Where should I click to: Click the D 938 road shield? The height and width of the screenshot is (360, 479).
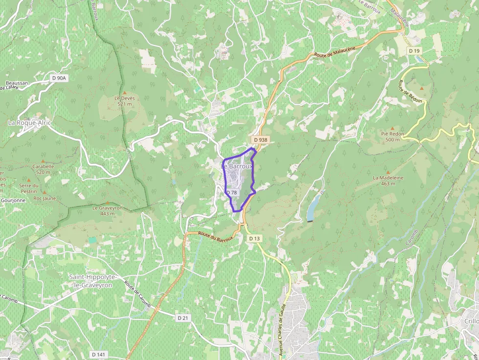point(261,140)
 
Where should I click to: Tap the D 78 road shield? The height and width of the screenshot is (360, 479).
point(232,192)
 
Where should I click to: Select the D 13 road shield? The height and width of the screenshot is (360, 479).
point(254,238)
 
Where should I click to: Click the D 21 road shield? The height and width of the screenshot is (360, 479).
point(183,318)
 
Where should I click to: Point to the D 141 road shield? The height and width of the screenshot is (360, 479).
point(99,354)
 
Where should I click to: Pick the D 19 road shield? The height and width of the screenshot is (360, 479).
point(414,51)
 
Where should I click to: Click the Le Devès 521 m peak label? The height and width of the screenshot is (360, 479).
point(125,101)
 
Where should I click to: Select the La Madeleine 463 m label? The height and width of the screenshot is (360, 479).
point(388,180)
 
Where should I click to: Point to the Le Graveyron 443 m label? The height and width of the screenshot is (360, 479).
point(108,210)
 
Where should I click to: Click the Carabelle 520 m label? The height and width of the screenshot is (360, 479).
point(43,169)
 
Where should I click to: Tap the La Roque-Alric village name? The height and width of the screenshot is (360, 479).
point(29,123)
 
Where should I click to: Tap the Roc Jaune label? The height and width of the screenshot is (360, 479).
point(44,198)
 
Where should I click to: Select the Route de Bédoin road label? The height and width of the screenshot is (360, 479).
point(410,91)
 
